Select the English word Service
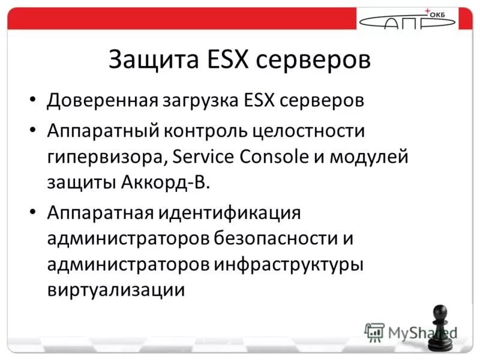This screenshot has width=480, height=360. coord(203,157)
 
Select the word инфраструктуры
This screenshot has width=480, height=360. coord(289,265)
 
